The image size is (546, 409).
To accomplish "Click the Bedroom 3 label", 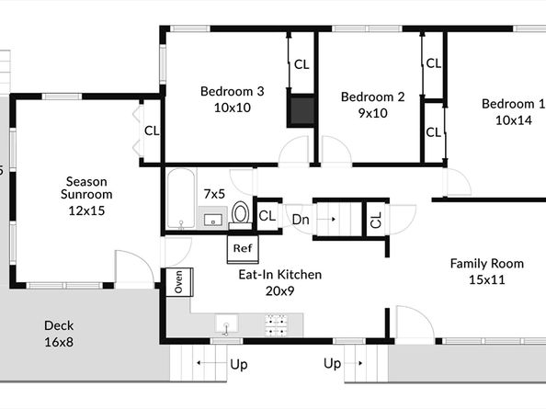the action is tap(233, 92).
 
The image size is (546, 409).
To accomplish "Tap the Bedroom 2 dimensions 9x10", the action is tap(372, 113).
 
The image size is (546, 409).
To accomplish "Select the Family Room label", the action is tap(487, 264).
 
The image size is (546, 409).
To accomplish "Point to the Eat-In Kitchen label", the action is tap(280, 275).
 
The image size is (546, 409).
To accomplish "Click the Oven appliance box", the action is tap(179, 282).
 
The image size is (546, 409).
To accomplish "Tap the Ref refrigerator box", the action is tap(243, 249).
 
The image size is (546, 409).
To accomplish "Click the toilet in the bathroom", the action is tap(240, 215).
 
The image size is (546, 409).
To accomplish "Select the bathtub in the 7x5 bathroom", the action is tap(181, 199).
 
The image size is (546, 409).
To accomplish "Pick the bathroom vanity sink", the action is tap(212, 220).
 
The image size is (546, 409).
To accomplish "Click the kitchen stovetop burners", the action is tap(277, 325).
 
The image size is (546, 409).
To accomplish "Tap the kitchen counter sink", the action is tap(226, 324).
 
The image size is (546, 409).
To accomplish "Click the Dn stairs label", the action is tap(301, 220).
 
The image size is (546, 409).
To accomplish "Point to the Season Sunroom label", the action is tap(86, 188).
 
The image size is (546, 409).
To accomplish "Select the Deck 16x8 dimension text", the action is tap(59, 342).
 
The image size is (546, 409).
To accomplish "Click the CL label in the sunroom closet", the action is tap(152, 131).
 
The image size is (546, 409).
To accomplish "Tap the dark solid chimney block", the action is tap(301, 110).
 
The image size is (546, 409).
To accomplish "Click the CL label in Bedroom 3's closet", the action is tap(301, 64).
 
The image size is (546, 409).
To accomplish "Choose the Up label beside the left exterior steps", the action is tap(239, 365).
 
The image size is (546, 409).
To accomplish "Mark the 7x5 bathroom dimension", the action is tap(214, 194).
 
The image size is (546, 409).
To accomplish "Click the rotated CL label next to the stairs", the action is tap(377, 220).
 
